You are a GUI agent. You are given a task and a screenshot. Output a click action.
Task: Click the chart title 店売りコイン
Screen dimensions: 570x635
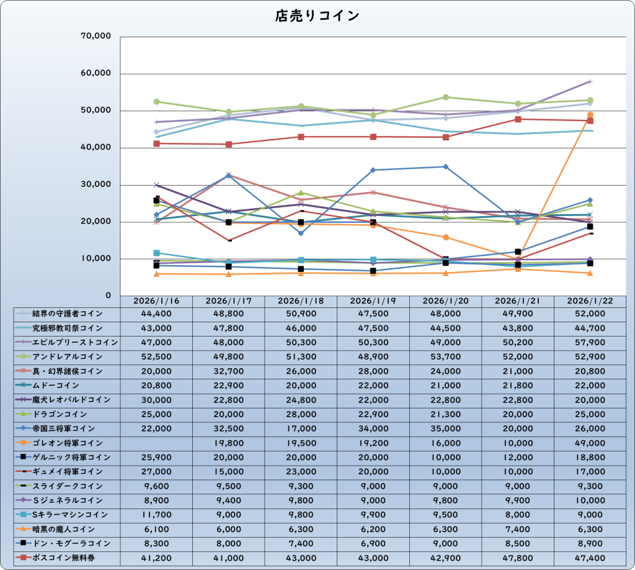coord(317,16)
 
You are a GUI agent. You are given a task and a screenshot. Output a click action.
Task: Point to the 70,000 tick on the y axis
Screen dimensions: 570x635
coord(96,37)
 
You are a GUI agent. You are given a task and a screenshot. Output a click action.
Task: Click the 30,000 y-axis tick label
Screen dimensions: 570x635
coord(96,184)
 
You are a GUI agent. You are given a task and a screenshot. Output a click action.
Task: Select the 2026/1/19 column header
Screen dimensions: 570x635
coord(373,301)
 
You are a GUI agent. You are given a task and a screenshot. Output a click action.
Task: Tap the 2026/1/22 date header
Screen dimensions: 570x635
coord(590,301)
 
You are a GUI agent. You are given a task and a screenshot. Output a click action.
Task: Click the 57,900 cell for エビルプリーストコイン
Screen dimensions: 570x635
coord(590,342)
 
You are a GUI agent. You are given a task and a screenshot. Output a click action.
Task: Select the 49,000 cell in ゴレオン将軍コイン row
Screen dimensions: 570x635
coord(590,443)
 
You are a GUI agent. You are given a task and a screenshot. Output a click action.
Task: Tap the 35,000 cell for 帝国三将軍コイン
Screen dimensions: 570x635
coord(445,428)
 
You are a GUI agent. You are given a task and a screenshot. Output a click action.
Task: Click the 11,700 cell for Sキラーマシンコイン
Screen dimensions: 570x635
coord(156,515)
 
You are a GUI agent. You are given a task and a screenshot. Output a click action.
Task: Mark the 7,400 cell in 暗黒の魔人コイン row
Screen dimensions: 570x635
coord(518,529)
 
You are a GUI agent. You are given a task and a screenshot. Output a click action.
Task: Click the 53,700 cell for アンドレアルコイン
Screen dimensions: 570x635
coord(445,356)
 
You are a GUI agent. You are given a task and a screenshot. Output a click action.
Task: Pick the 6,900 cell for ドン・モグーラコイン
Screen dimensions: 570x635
coord(373,543)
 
